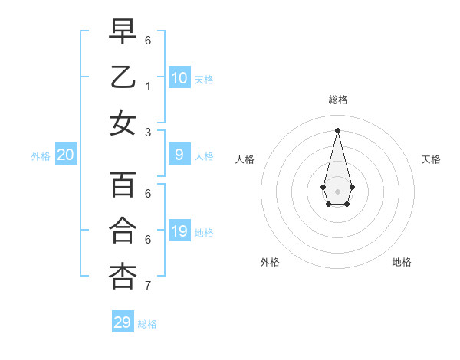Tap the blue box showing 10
(179, 78)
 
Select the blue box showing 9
(179, 155)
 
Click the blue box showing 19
(179, 231)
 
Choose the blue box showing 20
(66, 155)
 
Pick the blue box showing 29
(123, 322)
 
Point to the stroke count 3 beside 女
(147, 133)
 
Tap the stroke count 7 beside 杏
(147, 286)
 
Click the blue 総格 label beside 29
(147, 324)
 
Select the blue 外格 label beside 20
(41, 156)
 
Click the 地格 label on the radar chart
(402, 263)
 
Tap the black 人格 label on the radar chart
(245, 159)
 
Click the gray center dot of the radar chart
(337, 191)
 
